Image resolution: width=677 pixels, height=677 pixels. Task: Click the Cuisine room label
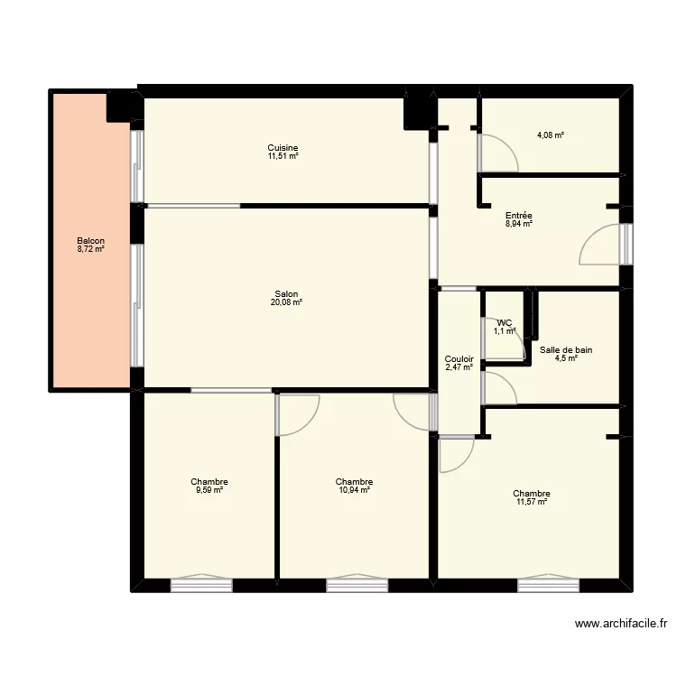pos(283,148)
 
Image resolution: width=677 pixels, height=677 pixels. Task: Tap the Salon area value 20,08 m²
pos(285,302)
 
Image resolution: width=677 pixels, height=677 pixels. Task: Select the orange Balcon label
pos(90,241)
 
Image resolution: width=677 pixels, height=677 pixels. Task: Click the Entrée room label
pos(518,216)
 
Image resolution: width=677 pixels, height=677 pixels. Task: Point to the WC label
pos(504,322)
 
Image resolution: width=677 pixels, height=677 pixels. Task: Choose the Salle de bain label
pos(566,350)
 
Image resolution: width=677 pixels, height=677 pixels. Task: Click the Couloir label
pos(459,359)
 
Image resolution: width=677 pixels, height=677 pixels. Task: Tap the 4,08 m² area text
pos(550,135)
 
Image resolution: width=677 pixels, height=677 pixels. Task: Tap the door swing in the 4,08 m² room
pos(497,153)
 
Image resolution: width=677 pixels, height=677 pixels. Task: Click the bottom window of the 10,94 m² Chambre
pos(357,584)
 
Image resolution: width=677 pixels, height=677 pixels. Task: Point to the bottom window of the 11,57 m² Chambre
pos(548,584)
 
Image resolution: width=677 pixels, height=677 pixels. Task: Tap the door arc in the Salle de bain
pos(499,388)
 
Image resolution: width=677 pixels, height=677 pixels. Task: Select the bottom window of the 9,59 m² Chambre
pos(201,584)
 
